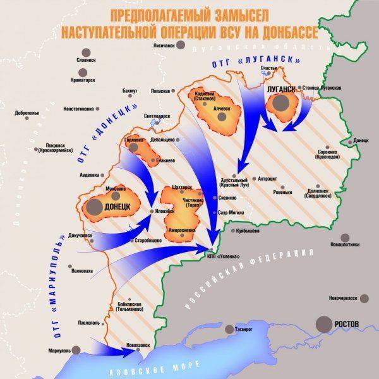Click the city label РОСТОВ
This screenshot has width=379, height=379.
[x=346, y=324]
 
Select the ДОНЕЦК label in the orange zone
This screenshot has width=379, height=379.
[x=117, y=206]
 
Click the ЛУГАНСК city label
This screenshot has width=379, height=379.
[x=282, y=90]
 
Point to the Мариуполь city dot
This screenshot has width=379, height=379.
[x=76, y=351]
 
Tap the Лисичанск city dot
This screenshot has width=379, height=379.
[x=182, y=45]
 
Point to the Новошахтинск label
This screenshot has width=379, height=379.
[x=347, y=243]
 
